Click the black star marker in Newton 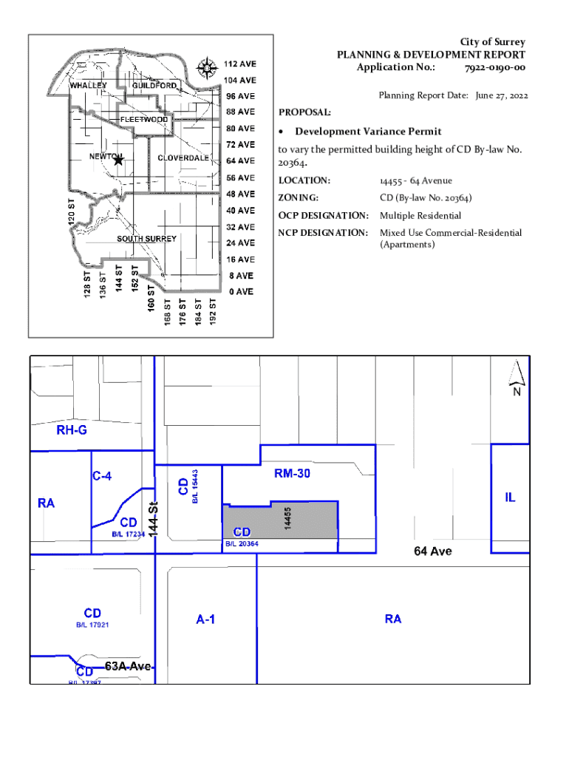point(118,160)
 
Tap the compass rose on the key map point(205,69)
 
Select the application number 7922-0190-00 point(494,67)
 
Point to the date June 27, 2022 point(502,95)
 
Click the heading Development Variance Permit point(368,132)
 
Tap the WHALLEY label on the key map point(89,86)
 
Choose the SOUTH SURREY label point(146,239)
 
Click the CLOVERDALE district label point(183,157)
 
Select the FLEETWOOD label point(144,119)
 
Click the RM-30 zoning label point(292,475)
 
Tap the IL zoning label point(510,498)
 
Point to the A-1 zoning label point(205,619)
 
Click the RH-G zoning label point(72,430)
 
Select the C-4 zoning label point(103,477)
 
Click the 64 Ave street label point(433,551)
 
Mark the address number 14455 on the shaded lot point(288,517)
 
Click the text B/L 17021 point(92,625)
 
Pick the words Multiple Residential point(420,216)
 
